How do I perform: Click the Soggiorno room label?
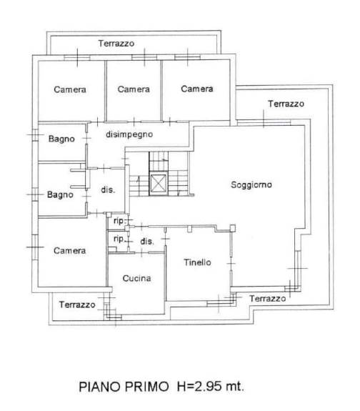[251, 185]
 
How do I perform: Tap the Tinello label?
[197, 262]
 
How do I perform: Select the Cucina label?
[136, 278]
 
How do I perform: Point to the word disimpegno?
[129, 134]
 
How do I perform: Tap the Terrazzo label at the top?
[116, 44]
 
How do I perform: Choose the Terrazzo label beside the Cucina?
[77, 304]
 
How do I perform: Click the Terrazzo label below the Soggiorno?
[268, 299]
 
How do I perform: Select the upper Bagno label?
[61, 139]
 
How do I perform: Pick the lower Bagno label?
[60, 194]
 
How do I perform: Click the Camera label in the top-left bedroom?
[70, 89]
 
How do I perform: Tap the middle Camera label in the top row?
[134, 89]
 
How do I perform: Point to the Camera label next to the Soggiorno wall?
[197, 89]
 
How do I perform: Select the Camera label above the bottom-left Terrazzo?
[70, 251]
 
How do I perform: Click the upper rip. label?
[119, 221]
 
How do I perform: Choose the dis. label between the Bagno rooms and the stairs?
[108, 189]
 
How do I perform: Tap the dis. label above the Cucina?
[147, 241]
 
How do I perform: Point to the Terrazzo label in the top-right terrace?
[286, 104]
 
